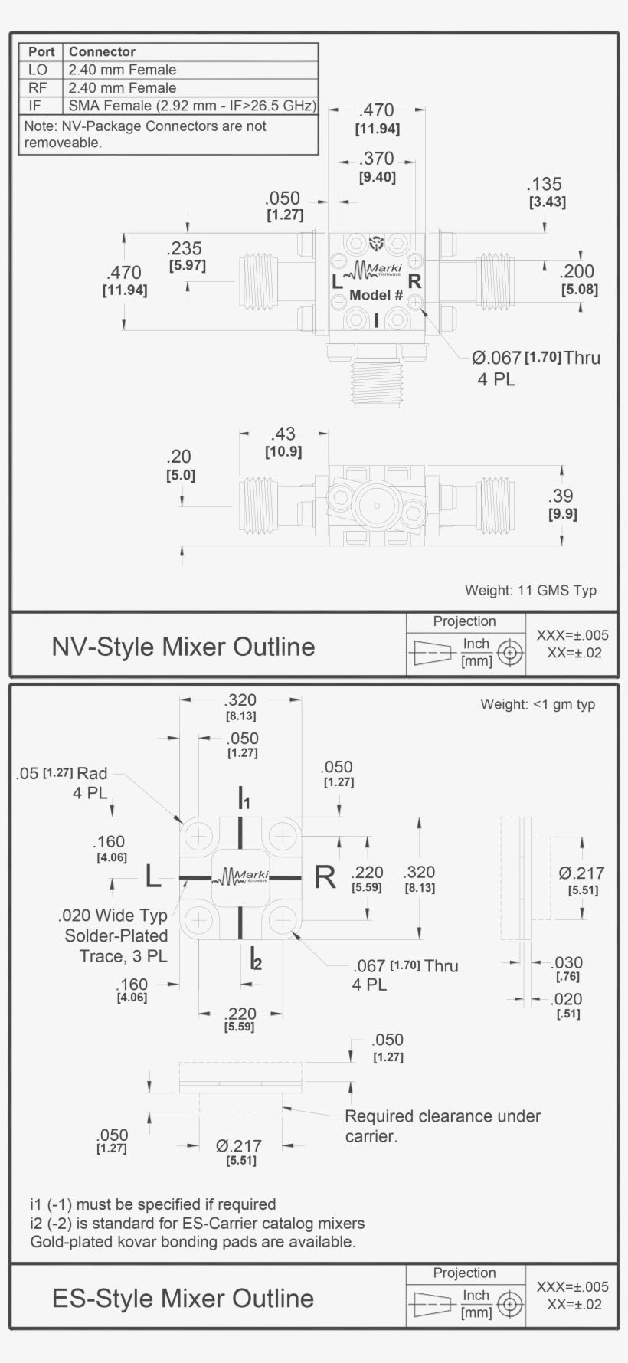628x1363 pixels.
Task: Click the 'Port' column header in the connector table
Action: coord(41,51)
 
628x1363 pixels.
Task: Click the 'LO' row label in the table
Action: coord(38,70)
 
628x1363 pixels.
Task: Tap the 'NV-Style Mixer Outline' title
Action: coord(183,647)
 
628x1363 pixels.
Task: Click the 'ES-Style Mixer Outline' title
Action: coord(183,1298)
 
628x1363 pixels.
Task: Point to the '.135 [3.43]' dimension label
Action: coord(545,192)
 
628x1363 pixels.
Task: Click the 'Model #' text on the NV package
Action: coord(376,295)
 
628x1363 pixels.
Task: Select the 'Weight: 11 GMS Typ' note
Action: coord(530,590)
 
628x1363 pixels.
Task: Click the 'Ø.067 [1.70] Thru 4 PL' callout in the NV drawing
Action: coord(535,368)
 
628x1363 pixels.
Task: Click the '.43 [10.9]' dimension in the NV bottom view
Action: coord(283,442)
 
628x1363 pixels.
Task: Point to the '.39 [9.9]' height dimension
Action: coord(562,503)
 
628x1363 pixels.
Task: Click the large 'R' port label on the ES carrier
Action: coord(325,877)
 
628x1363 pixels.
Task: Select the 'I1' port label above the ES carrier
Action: coord(244,798)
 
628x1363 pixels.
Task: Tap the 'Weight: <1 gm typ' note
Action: coord(538,704)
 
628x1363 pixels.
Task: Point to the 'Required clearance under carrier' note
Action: coord(442,1125)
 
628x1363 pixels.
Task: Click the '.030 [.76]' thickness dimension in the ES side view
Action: coord(567,968)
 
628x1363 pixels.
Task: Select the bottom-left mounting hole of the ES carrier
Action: coord(198,919)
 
